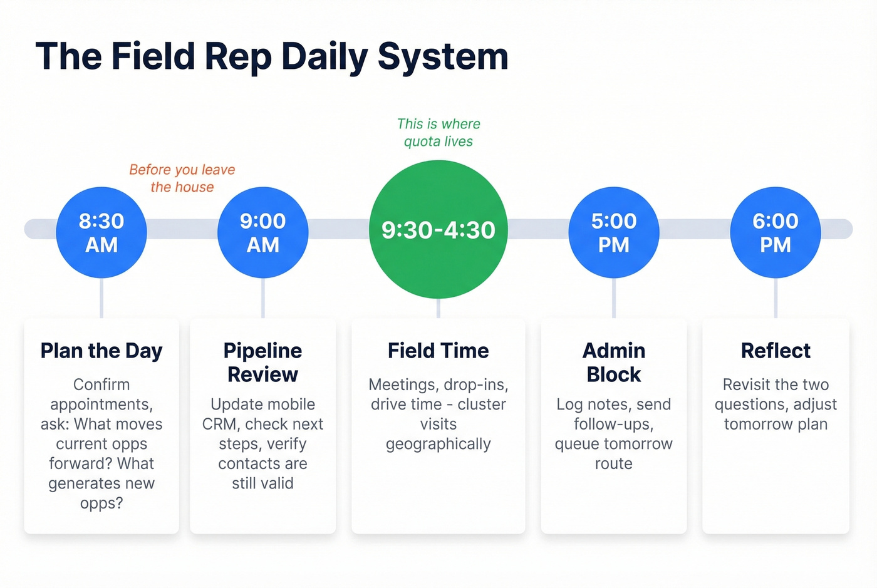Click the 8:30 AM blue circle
101,232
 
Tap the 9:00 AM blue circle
262,232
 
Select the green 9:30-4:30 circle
438,230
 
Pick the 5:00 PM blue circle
613,232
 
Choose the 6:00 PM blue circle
776,232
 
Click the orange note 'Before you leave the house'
182,178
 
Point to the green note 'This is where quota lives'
438,133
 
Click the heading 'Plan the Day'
101,351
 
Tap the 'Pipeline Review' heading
262,362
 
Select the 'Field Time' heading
438,351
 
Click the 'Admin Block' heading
613,362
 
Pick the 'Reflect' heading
776,351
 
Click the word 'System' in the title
443,57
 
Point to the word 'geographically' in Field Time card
438,444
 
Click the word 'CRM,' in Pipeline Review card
220,424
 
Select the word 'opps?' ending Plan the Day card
101,503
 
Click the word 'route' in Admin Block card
613,464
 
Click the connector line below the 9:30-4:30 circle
438,309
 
